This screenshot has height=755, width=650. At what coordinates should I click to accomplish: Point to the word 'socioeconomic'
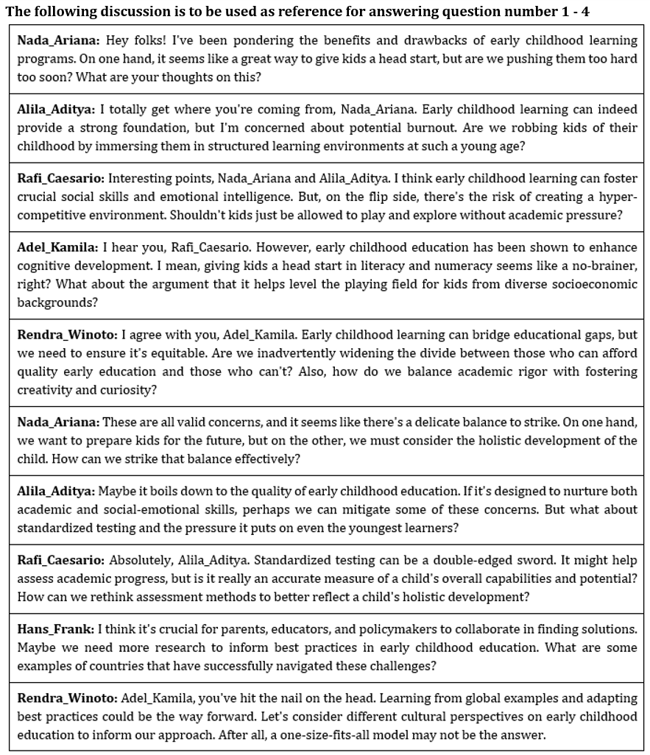[597, 283]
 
